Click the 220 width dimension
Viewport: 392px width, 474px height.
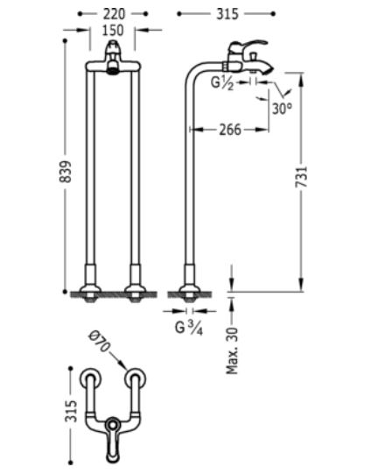tap(114, 14)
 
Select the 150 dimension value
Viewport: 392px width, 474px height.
tap(113, 31)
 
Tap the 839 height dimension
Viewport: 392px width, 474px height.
tap(66, 172)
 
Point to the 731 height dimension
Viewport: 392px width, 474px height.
tap(301, 176)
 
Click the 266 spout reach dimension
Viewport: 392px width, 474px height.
tap(230, 130)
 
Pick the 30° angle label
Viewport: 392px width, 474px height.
tap(282, 109)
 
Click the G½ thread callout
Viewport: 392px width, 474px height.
tap(222, 82)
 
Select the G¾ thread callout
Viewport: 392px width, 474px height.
tap(189, 328)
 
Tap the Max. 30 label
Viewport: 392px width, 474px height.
tap(232, 350)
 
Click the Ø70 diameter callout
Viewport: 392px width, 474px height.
tap(99, 342)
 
